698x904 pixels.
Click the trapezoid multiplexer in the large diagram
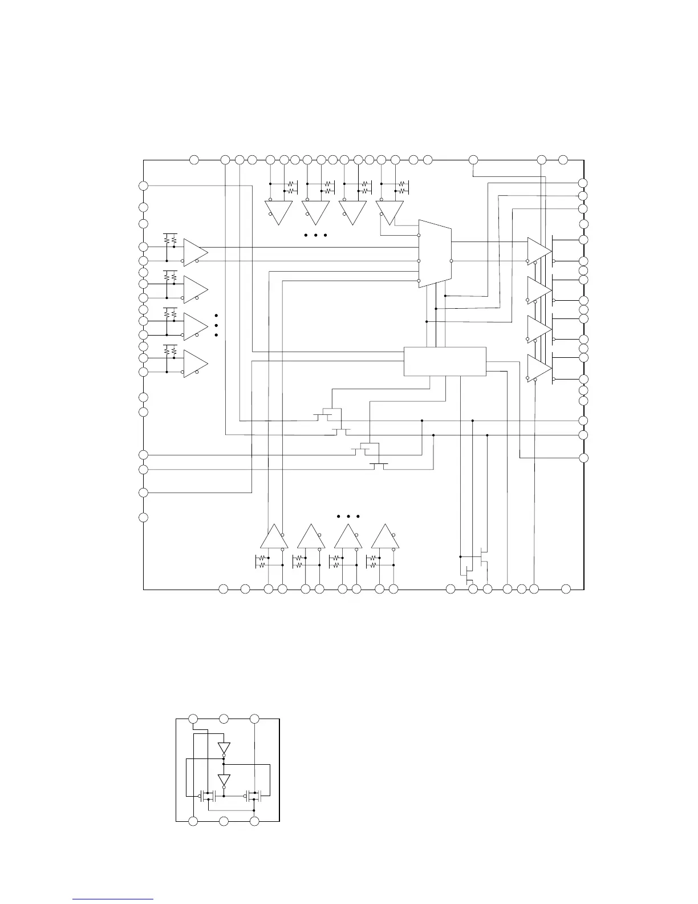tap(435, 253)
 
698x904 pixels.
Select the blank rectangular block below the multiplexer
tap(445, 361)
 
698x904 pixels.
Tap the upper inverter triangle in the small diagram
tap(224, 748)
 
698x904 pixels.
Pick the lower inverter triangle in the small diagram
tap(224, 780)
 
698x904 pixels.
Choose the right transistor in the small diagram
tap(253, 795)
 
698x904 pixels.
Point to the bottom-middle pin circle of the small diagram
tap(224, 821)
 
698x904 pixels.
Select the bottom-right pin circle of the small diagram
tap(255, 821)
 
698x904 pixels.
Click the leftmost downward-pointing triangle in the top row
tap(278, 212)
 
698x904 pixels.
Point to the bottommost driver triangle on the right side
tap(539, 369)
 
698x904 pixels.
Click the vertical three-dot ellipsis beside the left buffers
tap(217, 325)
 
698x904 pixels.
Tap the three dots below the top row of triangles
tap(315, 235)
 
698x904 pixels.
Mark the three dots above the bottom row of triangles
tap(348, 516)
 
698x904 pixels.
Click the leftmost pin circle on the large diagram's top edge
tap(194, 160)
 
